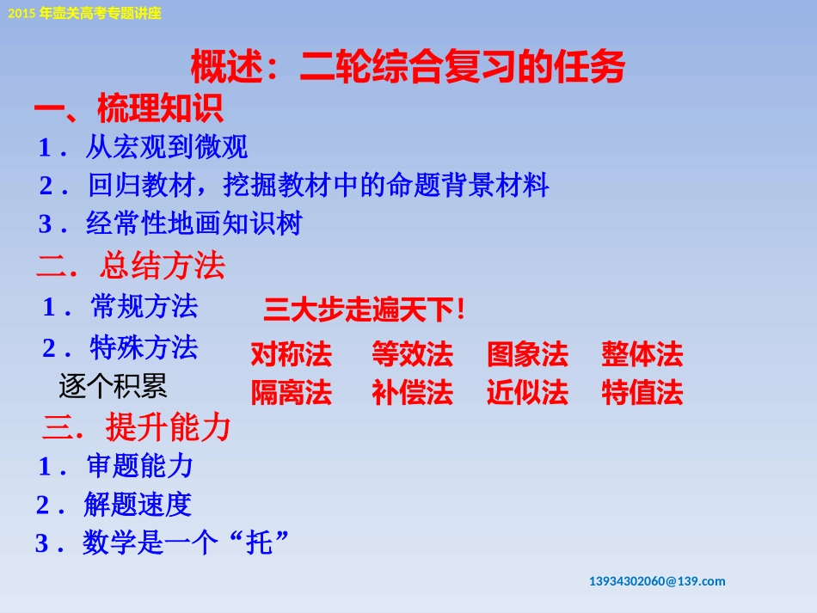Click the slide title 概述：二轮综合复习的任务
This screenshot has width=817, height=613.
point(407,67)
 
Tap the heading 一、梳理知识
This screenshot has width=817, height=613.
point(129,110)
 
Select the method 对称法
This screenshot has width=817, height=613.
point(291,354)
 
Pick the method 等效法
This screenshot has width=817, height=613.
point(412,354)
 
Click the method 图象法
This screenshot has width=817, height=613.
point(527,354)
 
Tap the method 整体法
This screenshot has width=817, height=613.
point(642,354)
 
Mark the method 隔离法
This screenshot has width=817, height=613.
point(291,393)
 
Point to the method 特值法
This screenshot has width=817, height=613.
point(642,393)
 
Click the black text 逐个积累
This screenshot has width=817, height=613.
point(113,387)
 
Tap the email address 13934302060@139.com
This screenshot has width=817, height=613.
point(657,581)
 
